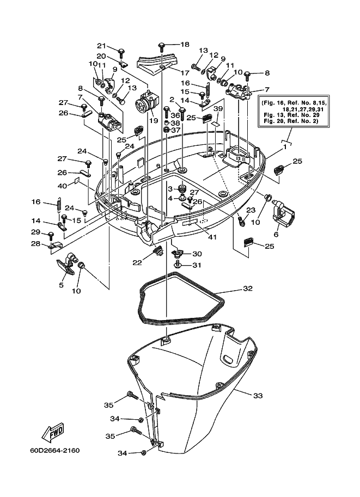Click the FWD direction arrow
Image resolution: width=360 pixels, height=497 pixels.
(53, 432)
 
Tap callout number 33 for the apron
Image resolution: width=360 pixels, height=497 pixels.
(258, 396)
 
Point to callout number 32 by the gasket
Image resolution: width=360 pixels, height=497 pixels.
(247, 289)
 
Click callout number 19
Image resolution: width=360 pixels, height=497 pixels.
(154, 120)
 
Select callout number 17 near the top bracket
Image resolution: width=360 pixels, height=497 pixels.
(185, 73)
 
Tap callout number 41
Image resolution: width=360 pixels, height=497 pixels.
(212, 236)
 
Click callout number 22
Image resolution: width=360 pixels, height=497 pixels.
(137, 263)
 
